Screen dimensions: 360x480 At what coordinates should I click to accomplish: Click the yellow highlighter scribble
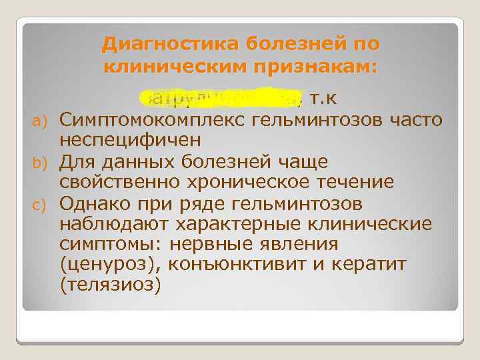point(220,99)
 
